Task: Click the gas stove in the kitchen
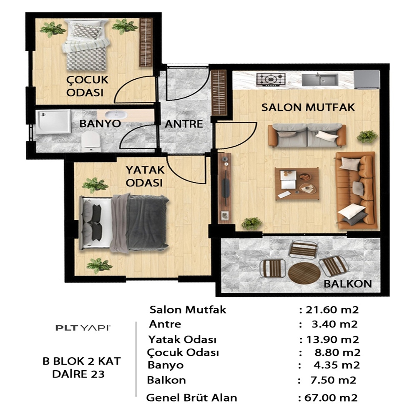click(271, 80)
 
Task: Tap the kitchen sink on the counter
click(320, 80)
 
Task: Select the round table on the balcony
click(304, 273)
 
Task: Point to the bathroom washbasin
click(116, 115)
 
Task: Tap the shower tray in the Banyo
click(53, 122)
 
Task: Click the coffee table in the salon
click(297, 183)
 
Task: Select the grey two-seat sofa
click(307, 135)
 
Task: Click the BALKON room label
click(348, 284)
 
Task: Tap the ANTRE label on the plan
click(183, 124)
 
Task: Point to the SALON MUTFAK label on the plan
click(308, 108)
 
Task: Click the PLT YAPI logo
click(83, 328)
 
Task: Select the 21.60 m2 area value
click(332, 309)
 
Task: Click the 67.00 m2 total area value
click(331, 398)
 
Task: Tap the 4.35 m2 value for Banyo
click(337, 365)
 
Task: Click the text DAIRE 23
click(78, 374)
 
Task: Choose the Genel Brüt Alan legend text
click(191, 398)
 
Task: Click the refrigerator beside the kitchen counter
click(367, 79)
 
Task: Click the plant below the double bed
click(99, 265)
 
